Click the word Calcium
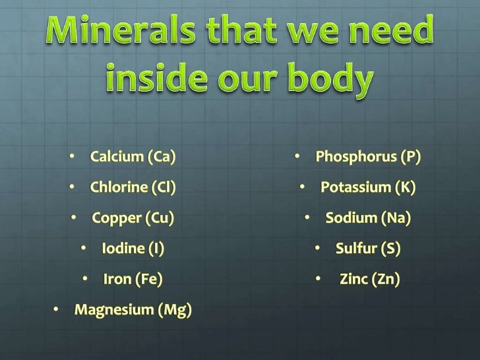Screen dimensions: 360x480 click(x=117, y=157)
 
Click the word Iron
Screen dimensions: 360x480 click(x=117, y=279)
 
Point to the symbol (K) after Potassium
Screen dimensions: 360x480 click(x=405, y=187)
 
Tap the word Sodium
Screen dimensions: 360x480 click(x=350, y=218)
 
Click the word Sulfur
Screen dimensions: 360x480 click(x=355, y=249)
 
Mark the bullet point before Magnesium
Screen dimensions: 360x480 click(x=56, y=310)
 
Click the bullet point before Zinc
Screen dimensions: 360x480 click(x=318, y=279)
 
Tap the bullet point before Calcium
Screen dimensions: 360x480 click(x=71, y=157)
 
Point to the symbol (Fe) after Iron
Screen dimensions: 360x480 click(x=148, y=279)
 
